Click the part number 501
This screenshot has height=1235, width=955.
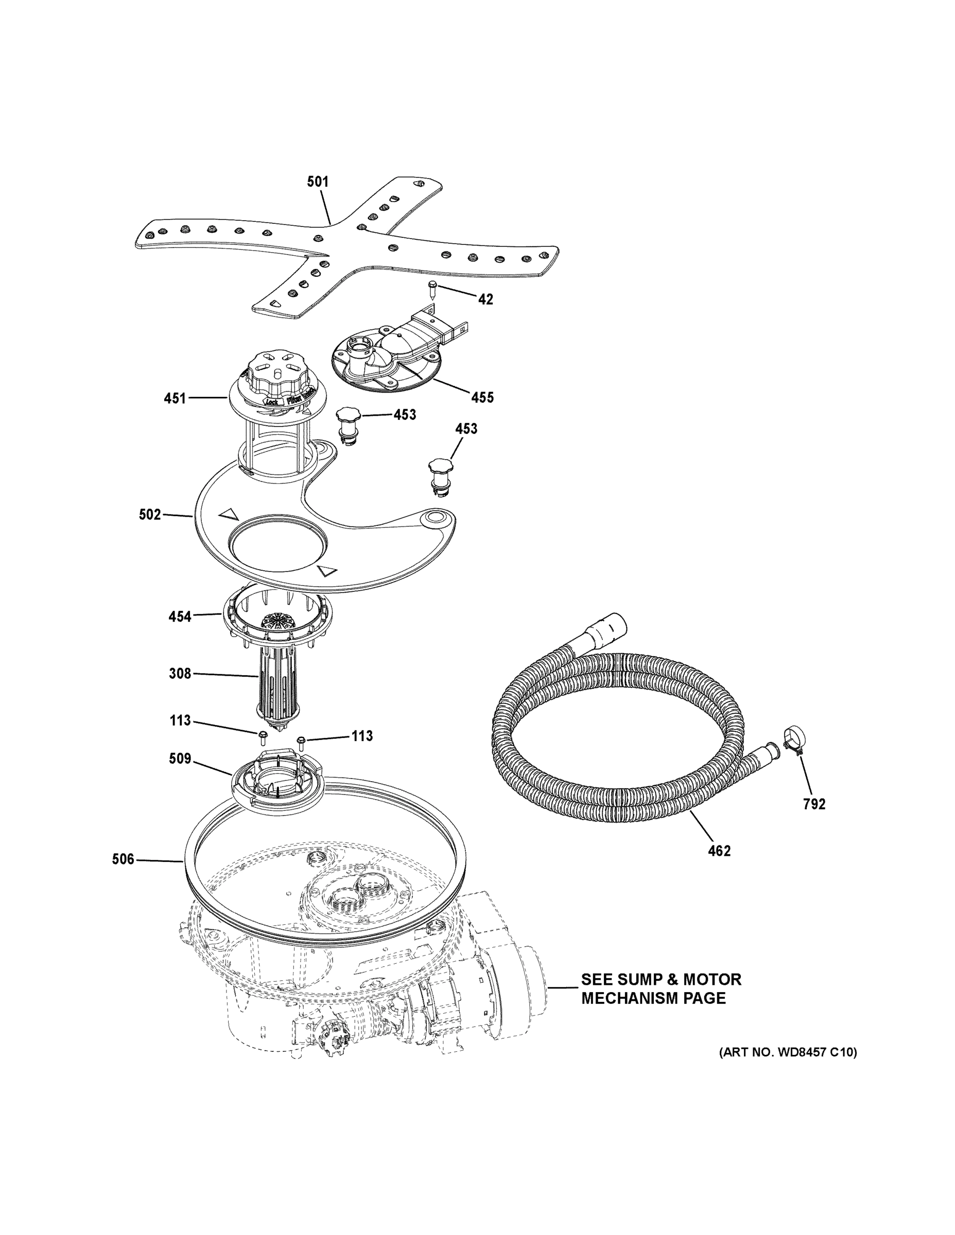(318, 182)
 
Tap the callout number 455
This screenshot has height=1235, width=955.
(482, 398)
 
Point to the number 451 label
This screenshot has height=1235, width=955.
(175, 398)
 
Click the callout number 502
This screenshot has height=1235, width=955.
(150, 515)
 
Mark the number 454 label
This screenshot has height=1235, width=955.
(180, 616)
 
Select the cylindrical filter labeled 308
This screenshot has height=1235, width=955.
(277, 684)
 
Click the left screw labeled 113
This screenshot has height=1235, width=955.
(264, 737)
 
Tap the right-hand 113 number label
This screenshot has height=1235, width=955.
(362, 736)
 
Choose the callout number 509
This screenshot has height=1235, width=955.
(180, 758)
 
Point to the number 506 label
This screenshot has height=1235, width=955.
(123, 859)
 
